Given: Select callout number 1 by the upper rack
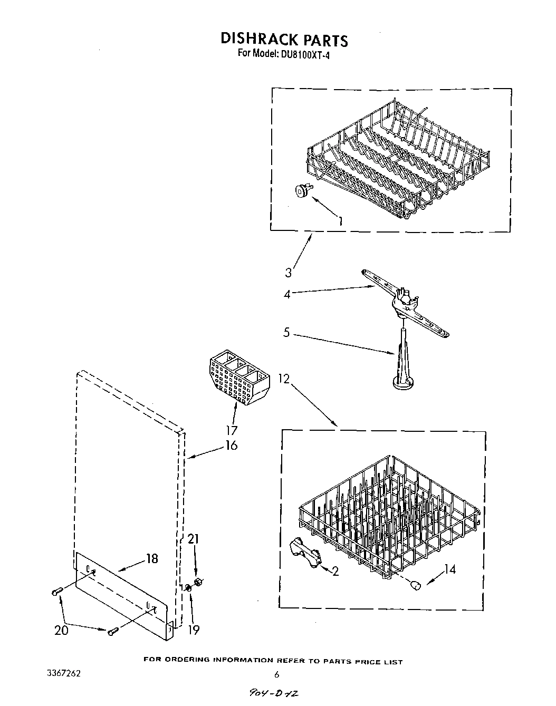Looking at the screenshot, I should click(341, 221).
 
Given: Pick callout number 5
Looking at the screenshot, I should click(286, 333).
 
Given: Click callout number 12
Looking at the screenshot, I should click(284, 379).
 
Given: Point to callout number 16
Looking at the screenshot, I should click(231, 445).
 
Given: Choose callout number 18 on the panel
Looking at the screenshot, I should click(152, 558).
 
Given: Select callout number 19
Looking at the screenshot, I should click(194, 629).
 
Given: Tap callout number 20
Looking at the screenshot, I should click(62, 629).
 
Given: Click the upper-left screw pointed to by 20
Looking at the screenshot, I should click(57, 592).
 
